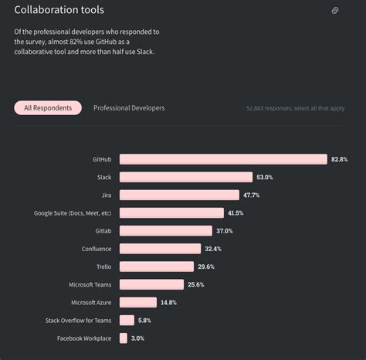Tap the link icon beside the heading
335,11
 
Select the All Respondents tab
48,108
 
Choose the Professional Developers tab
129,108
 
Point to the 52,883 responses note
295,109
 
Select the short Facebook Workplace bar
124,338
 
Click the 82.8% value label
339,159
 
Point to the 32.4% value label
213,249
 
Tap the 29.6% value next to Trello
206,267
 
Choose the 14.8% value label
169,302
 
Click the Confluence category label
97,249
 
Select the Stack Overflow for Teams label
79,320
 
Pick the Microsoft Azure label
91,302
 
